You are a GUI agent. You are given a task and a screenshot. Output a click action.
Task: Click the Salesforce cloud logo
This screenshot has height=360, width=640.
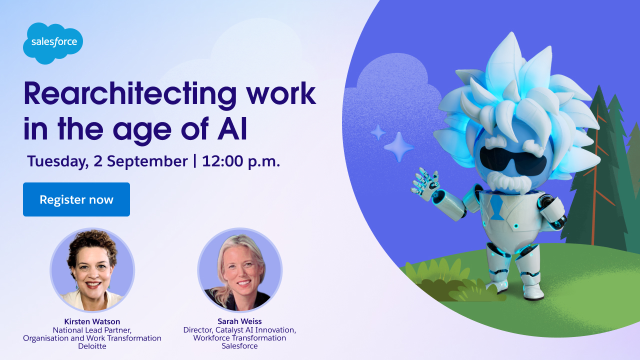click(53, 43)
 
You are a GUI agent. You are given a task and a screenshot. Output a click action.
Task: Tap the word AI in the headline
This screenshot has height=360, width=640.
click(232, 129)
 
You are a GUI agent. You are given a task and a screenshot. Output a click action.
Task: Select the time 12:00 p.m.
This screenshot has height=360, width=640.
click(241, 161)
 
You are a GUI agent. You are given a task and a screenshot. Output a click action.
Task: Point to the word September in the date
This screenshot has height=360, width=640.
click(147, 162)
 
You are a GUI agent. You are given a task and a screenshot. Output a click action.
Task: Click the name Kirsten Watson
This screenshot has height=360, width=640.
click(92, 321)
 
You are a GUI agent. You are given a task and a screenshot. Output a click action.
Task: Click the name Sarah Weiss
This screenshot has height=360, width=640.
click(239, 321)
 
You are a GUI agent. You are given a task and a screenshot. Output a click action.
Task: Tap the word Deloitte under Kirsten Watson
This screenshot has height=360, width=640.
click(92, 346)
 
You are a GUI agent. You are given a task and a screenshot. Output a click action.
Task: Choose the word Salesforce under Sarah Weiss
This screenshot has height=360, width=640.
click(239, 345)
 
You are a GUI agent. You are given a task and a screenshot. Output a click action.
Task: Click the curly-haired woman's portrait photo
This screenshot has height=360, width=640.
click(92, 269)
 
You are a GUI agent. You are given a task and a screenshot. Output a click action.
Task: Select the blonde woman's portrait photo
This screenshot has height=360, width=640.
click(239, 269)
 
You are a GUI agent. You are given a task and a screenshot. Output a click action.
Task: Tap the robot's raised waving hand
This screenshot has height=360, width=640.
click(424, 183)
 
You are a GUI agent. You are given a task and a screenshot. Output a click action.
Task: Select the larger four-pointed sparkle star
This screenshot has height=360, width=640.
click(399, 147)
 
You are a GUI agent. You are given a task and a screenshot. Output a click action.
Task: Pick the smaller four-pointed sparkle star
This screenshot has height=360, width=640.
click(378, 132)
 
